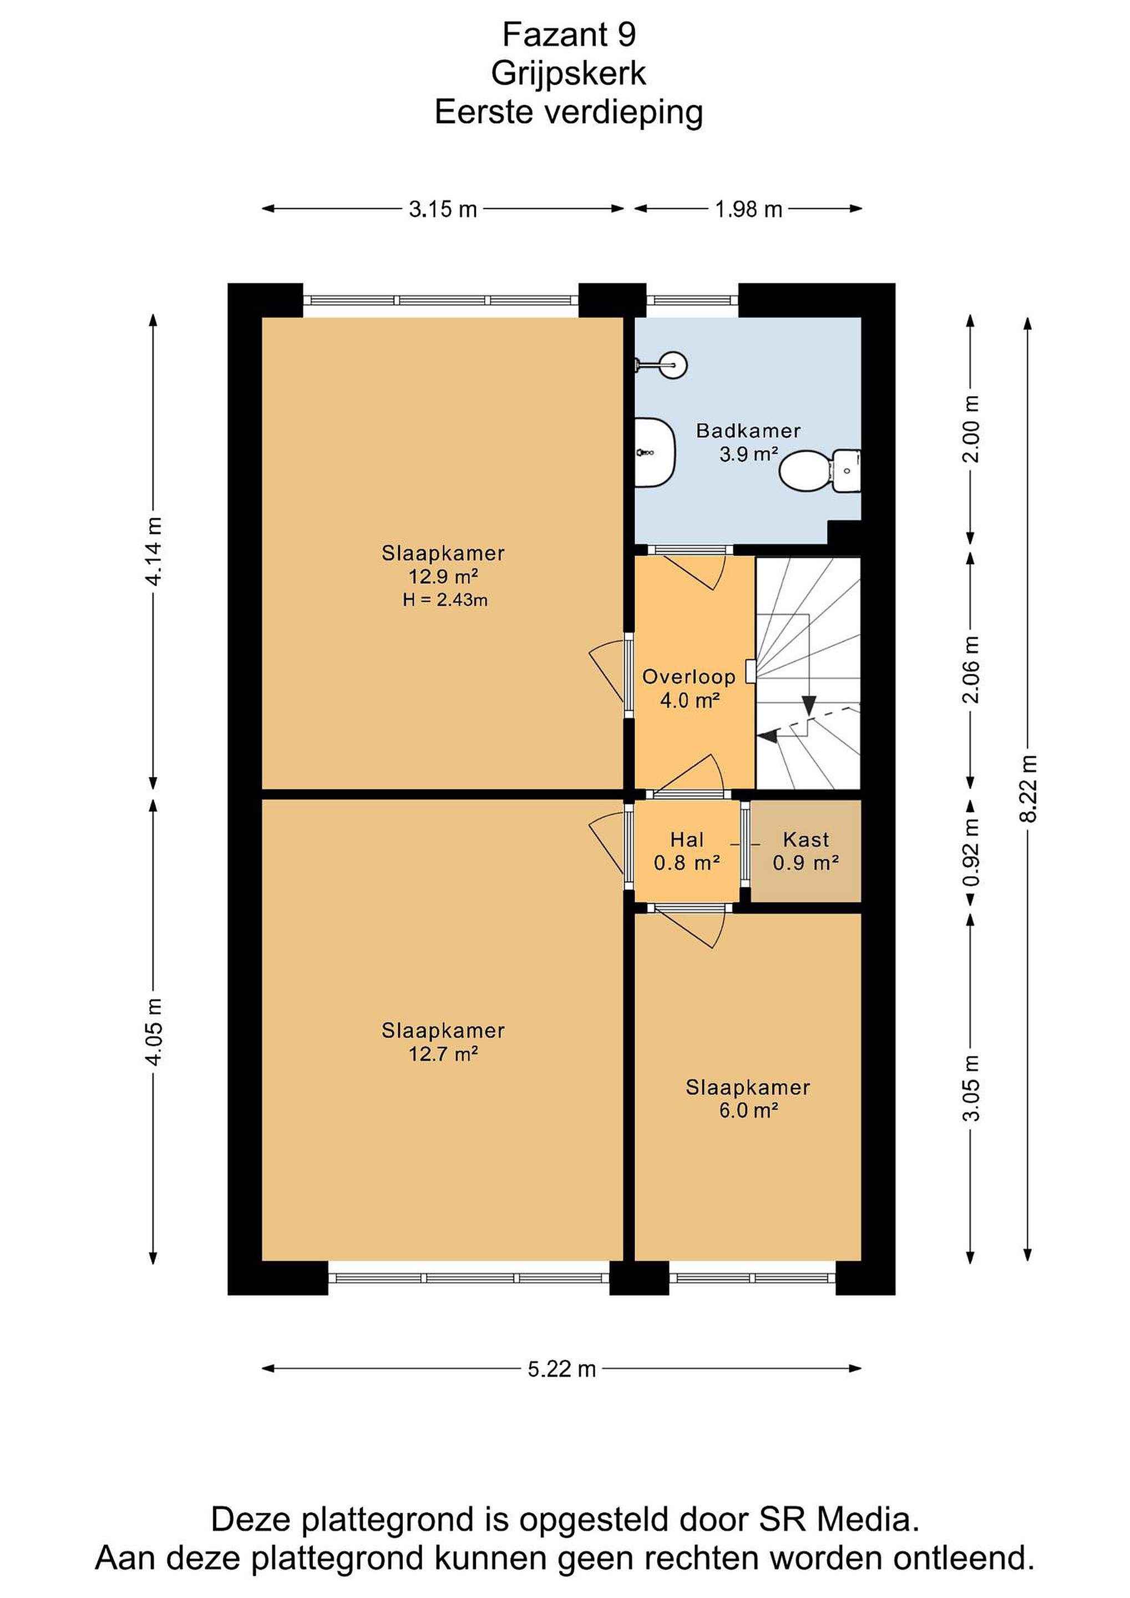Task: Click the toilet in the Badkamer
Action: coord(820,471)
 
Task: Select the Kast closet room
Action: coord(805,851)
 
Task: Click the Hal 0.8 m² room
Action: coord(687,851)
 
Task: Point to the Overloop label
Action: coord(688,676)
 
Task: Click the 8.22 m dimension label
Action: coord(1028,788)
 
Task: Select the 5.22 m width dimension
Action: coord(561,1369)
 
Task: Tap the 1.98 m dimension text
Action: coord(749,209)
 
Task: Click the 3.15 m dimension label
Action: coord(443,209)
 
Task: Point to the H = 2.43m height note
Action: coord(445,600)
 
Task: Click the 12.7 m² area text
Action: coord(443,1054)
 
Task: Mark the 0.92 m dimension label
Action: coord(971,851)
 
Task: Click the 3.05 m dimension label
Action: coord(971,1088)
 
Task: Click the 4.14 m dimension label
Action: coord(154,551)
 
